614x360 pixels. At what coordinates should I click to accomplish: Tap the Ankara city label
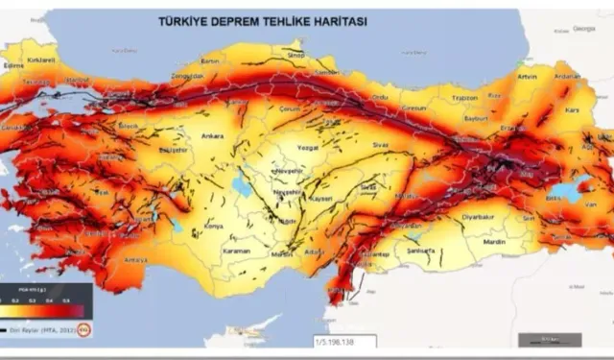[x=212, y=136]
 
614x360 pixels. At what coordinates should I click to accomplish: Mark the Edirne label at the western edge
[x=14, y=64]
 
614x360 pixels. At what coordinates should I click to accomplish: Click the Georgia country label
[x=583, y=29]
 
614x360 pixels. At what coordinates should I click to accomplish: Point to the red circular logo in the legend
[x=83, y=328]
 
